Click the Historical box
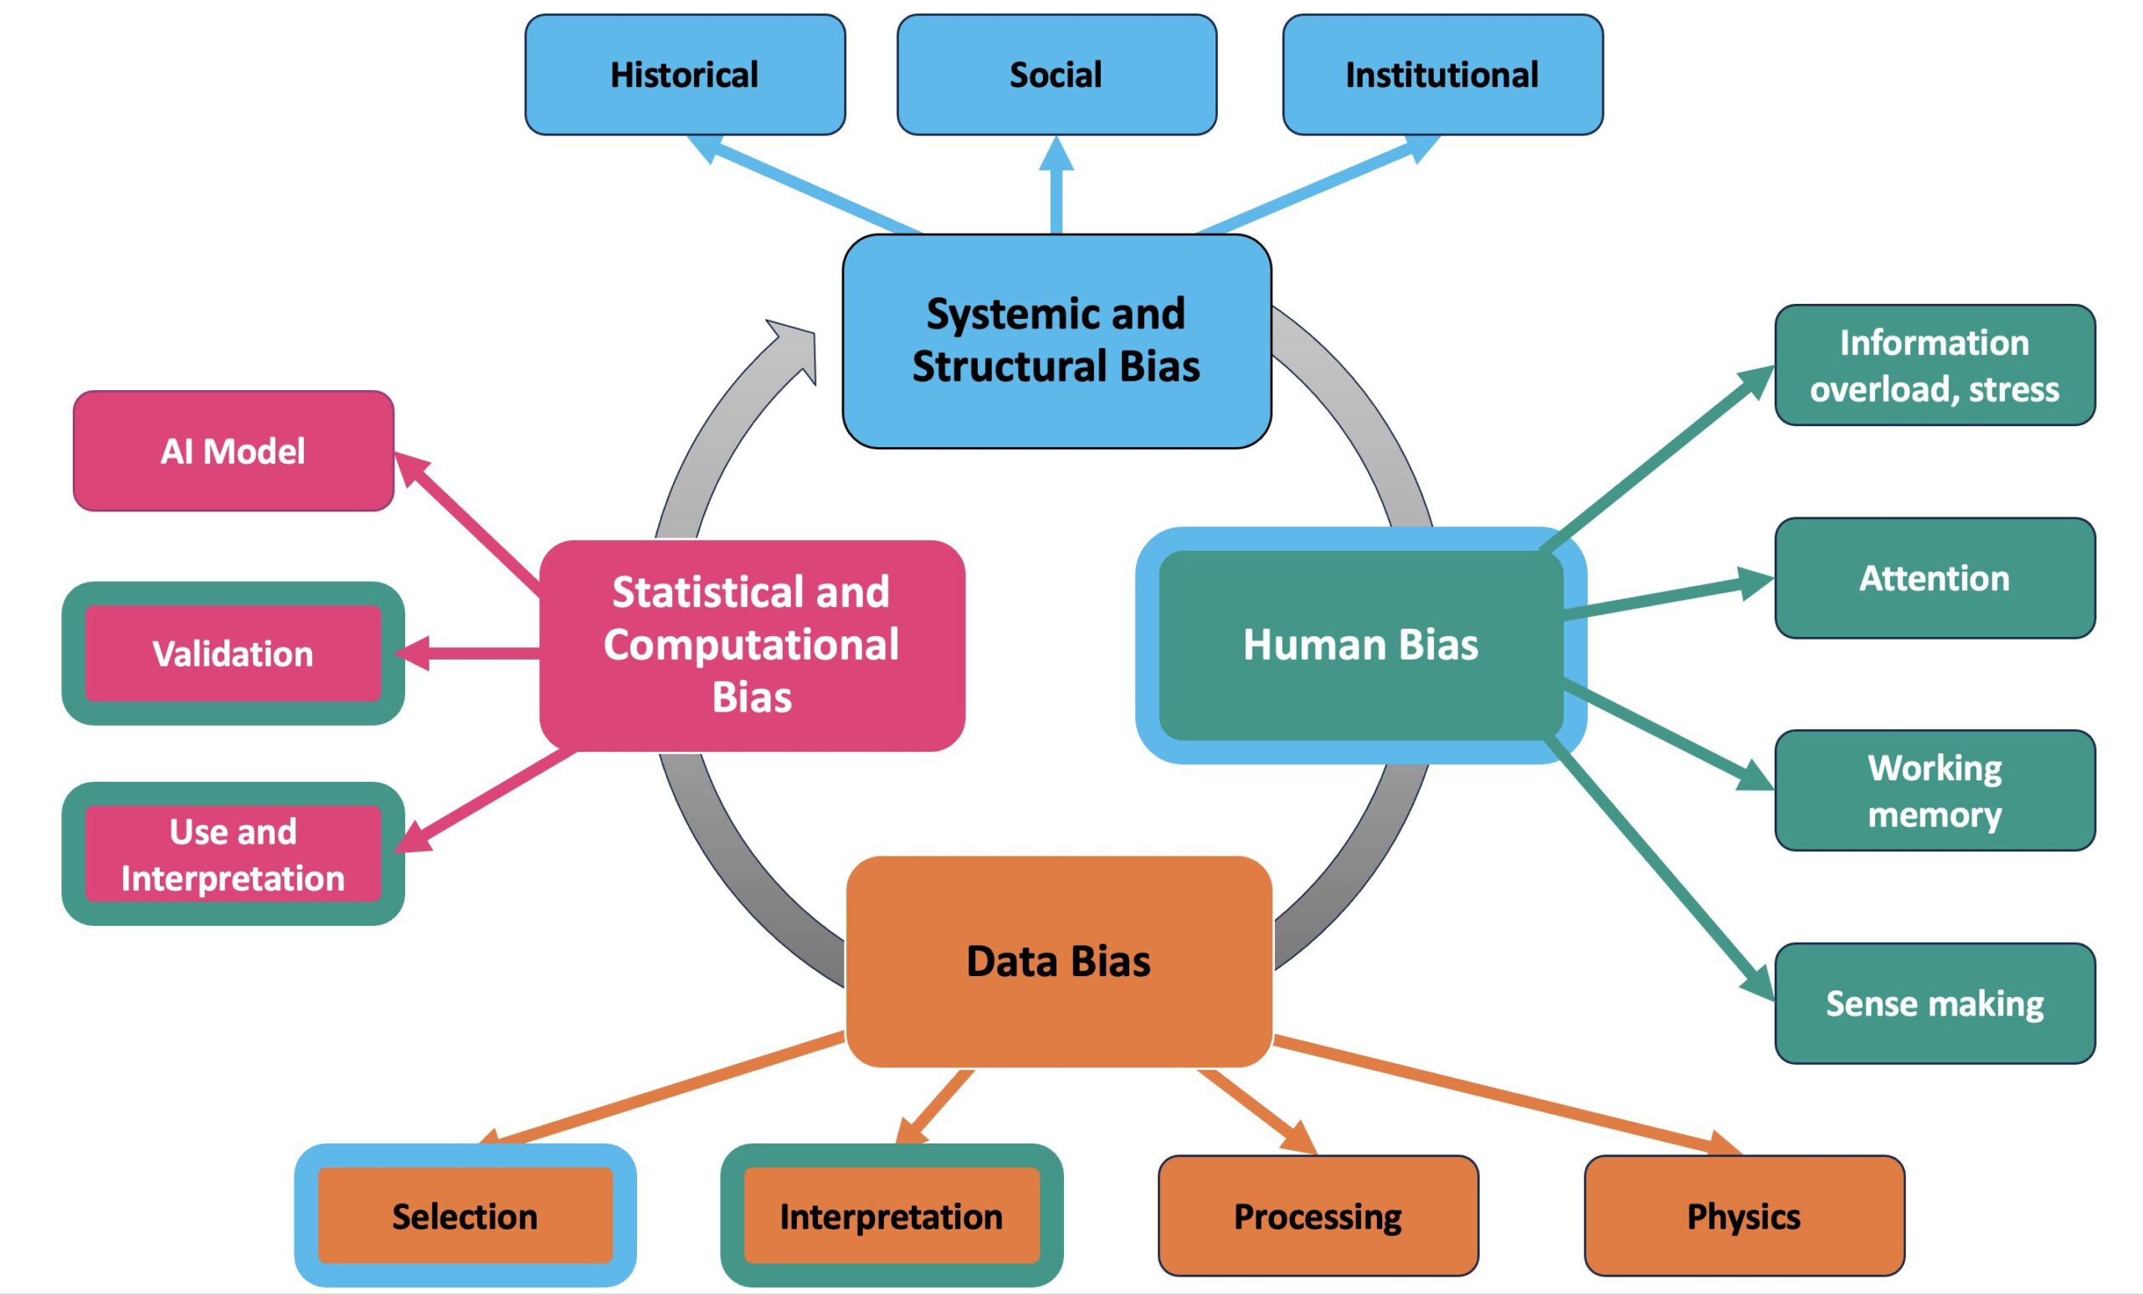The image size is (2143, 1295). point(685,75)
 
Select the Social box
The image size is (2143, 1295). point(1056,75)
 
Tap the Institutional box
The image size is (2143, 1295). point(1442,75)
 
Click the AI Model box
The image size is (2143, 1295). point(233,451)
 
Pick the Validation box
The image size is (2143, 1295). point(233,654)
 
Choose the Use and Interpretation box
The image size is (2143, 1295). point(233,854)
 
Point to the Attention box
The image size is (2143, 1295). point(1935,578)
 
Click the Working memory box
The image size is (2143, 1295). point(1935,790)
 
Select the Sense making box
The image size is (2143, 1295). point(1935,1004)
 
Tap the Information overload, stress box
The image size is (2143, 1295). point(1935,365)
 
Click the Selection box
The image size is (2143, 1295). point(465,1215)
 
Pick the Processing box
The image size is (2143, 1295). point(1318,1215)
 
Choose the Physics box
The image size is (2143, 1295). point(1744,1215)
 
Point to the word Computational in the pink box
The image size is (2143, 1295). point(752,645)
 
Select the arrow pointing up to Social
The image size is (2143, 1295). point(1056,187)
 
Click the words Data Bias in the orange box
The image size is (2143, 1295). point(1058,961)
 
